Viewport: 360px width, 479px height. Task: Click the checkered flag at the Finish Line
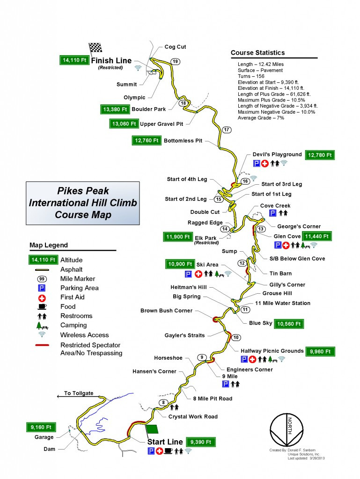click(x=96, y=47)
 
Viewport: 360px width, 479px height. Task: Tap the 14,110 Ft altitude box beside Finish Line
click(x=74, y=60)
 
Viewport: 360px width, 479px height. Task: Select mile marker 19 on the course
click(x=175, y=62)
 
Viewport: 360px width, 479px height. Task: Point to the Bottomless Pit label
click(x=183, y=140)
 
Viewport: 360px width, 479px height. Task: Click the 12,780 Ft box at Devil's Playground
click(x=320, y=155)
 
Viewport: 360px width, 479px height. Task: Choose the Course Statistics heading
click(x=257, y=52)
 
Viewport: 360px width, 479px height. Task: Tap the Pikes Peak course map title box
click(x=82, y=203)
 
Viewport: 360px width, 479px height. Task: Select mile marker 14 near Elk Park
click(x=225, y=229)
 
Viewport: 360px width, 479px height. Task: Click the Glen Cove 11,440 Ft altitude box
click(x=317, y=236)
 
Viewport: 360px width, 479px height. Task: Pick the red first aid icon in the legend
click(x=41, y=298)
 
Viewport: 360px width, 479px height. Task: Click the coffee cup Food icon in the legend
click(x=41, y=307)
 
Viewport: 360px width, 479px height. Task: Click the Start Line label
click(x=165, y=442)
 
